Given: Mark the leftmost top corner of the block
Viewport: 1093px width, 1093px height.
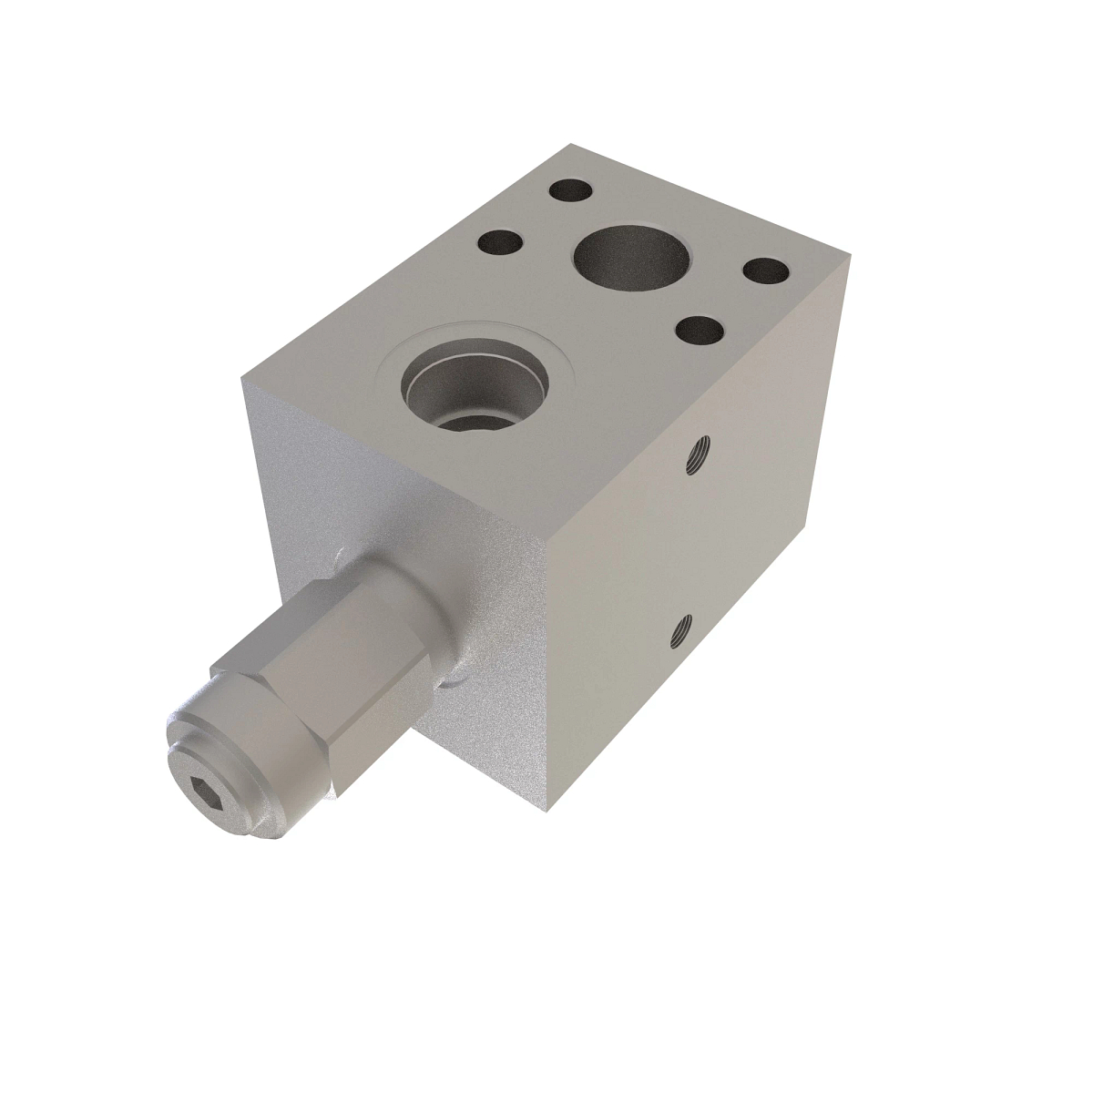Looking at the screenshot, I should pos(242,379).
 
